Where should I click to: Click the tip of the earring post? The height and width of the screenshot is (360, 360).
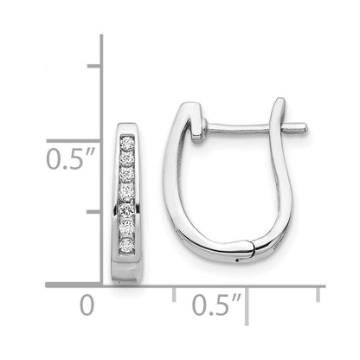[x=304, y=132]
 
